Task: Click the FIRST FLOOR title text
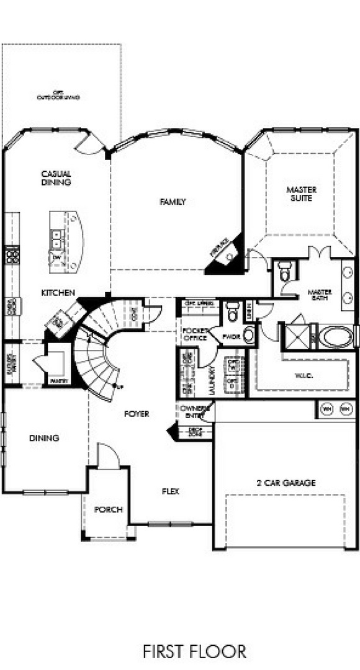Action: click(x=194, y=651)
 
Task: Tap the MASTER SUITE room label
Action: click(x=302, y=194)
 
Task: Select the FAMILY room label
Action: click(x=173, y=202)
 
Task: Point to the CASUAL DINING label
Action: click(x=56, y=178)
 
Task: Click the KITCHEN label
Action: click(x=58, y=292)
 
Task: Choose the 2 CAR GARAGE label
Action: click(x=286, y=482)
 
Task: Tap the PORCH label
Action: click(x=108, y=509)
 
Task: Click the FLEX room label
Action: click(x=171, y=491)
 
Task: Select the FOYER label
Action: click(x=136, y=414)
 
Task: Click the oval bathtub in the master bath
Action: click(x=336, y=337)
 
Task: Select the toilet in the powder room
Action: click(x=232, y=312)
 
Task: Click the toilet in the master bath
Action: click(x=285, y=271)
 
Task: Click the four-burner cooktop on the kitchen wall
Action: click(x=11, y=256)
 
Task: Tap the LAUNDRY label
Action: click(x=213, y=375)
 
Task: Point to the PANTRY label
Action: click(x=59, y=380)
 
